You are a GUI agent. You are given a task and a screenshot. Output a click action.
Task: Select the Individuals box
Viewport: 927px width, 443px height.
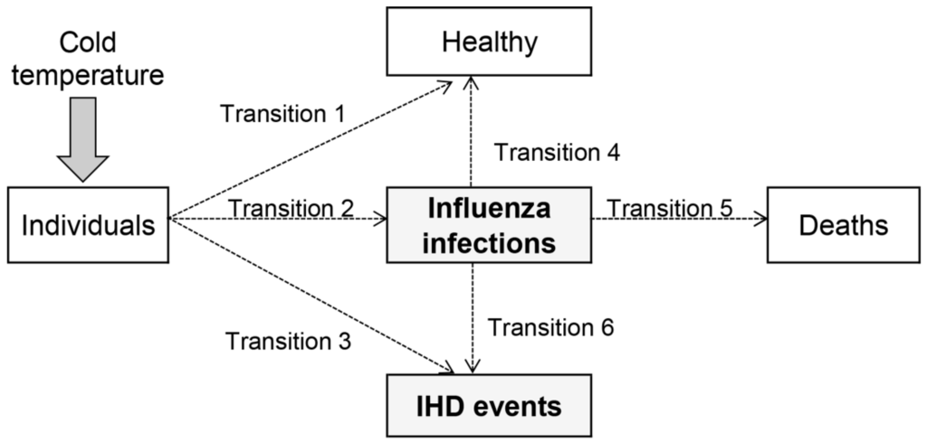(x=88, y=225)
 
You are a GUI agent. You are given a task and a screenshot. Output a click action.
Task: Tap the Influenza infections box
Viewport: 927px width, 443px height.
(x=489, y=225)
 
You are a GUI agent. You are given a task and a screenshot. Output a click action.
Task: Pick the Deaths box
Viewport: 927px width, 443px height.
(x=843, y=225)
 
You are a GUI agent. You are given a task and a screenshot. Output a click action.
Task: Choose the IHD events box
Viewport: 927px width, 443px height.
(x=489, y=406)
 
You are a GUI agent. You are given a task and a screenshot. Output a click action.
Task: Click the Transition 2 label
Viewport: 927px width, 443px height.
(x=291, y=207)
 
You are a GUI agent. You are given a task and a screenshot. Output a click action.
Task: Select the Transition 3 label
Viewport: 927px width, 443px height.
(x=288, y=341)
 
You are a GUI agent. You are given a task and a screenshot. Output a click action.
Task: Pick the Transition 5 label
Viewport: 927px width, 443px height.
(x=671, y=207)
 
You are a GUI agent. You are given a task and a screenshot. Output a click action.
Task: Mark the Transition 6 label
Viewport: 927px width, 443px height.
(x=551, y=326)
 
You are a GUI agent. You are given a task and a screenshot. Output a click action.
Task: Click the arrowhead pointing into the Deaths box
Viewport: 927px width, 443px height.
(x=761, y=218)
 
